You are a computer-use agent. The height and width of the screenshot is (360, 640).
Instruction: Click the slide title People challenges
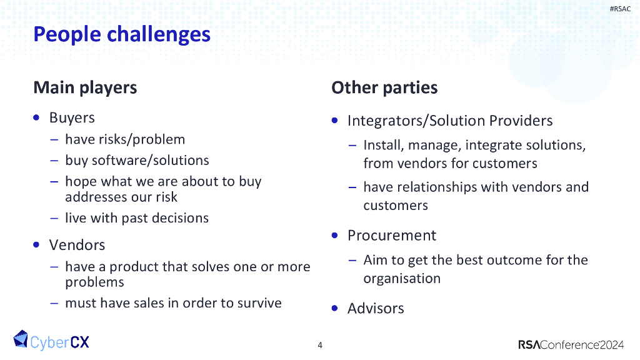click(122, 34)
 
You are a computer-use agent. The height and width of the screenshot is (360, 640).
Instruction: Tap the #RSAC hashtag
click(620, 9)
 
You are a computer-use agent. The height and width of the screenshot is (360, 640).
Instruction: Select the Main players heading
click(85, 87)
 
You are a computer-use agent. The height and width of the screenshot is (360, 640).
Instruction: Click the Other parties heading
click(384, 87)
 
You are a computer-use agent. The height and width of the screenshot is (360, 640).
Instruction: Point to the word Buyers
click(72, 117)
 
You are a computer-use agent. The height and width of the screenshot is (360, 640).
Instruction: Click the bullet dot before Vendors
click(37, 244)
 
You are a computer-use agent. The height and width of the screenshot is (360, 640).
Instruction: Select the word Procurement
click(392, 236)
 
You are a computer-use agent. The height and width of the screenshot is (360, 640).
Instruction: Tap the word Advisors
click(376, 308)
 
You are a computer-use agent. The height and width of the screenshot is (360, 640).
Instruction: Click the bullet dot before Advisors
click(336, 308)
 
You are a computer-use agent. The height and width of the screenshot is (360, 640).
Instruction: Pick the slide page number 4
click(320, 345)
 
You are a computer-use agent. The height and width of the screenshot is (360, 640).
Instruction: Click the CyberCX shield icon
click(21, 339)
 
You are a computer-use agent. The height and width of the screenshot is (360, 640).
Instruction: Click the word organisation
click(402, 278)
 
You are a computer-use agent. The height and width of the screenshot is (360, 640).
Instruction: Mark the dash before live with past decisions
click(54, 218)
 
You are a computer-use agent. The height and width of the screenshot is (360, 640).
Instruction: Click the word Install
click(383, 145)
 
